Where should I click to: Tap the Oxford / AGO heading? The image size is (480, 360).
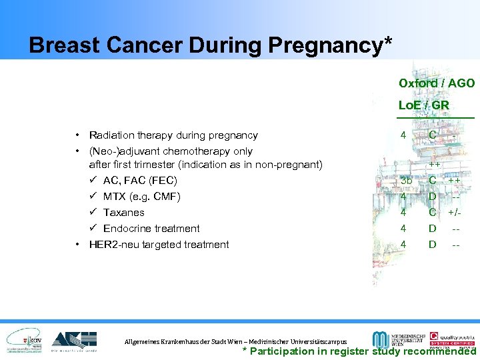(x=437, y=83)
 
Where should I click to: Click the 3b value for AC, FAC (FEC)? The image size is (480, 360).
(x=406, y=181)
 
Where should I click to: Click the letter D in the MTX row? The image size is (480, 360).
(x=432, y=197)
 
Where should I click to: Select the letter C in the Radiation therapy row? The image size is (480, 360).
(x=433, y=135)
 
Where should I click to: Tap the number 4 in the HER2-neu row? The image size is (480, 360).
(x=403, y=245)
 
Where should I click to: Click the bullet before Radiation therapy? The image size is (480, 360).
(x=78, y=135)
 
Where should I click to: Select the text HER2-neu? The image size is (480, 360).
(x=112, y=245)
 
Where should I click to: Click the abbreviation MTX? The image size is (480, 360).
(x=115, y=197)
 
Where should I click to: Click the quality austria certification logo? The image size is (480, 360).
(x=452, y=337)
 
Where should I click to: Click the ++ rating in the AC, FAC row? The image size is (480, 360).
(x=454, y=181)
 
